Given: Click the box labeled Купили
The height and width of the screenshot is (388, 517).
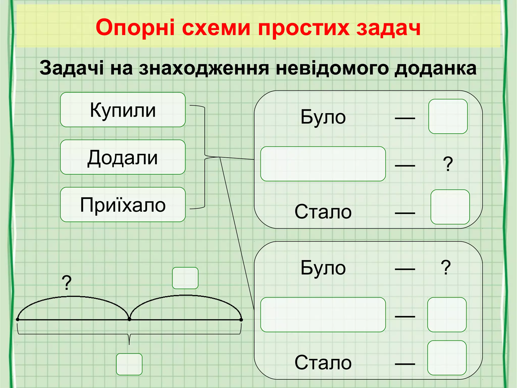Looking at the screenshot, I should [123, 110].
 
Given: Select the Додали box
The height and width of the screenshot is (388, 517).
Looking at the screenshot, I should [123, 157].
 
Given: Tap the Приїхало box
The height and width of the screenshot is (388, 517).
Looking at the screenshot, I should [123, 205].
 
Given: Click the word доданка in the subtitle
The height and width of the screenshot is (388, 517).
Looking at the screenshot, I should [435, 68].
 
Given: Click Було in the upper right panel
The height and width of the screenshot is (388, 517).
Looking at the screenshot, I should [323, 117].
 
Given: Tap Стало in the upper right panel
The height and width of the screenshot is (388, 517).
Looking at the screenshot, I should [323, 212].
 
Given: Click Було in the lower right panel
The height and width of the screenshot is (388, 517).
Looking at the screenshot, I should [323, 268].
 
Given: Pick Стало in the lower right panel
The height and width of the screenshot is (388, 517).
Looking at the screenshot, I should [323, 362].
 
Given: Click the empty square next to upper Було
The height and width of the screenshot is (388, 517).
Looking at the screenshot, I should [448, 116].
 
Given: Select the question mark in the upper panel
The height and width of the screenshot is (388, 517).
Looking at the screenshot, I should [448, 164].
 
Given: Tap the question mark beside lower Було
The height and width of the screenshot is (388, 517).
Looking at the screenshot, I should [446, 268].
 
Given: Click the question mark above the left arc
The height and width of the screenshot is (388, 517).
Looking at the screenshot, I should [67, 283].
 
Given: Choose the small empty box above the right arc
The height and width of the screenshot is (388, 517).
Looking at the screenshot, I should [185, 278].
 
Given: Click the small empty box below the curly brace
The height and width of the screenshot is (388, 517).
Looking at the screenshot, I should [129, 364].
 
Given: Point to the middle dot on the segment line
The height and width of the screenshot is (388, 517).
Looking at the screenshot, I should [129, 320].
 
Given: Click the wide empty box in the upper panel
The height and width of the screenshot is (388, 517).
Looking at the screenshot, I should [323, 164].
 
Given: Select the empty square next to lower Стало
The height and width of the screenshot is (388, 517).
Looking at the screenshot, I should [447, 358].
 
